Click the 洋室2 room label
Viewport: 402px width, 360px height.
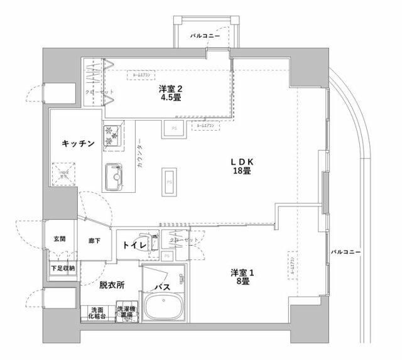pos(171,89)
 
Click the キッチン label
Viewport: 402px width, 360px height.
pos(79,144)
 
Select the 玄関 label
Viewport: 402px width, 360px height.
pos(59,239)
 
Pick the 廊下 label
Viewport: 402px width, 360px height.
pos(94,240)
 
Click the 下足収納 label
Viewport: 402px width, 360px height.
pos(62,268)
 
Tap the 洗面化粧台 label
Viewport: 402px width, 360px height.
pos(97,313)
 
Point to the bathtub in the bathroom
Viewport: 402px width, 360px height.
pos(165,308)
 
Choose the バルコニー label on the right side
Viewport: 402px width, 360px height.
pos(346,252)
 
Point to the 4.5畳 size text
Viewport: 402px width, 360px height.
pos(171,98)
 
